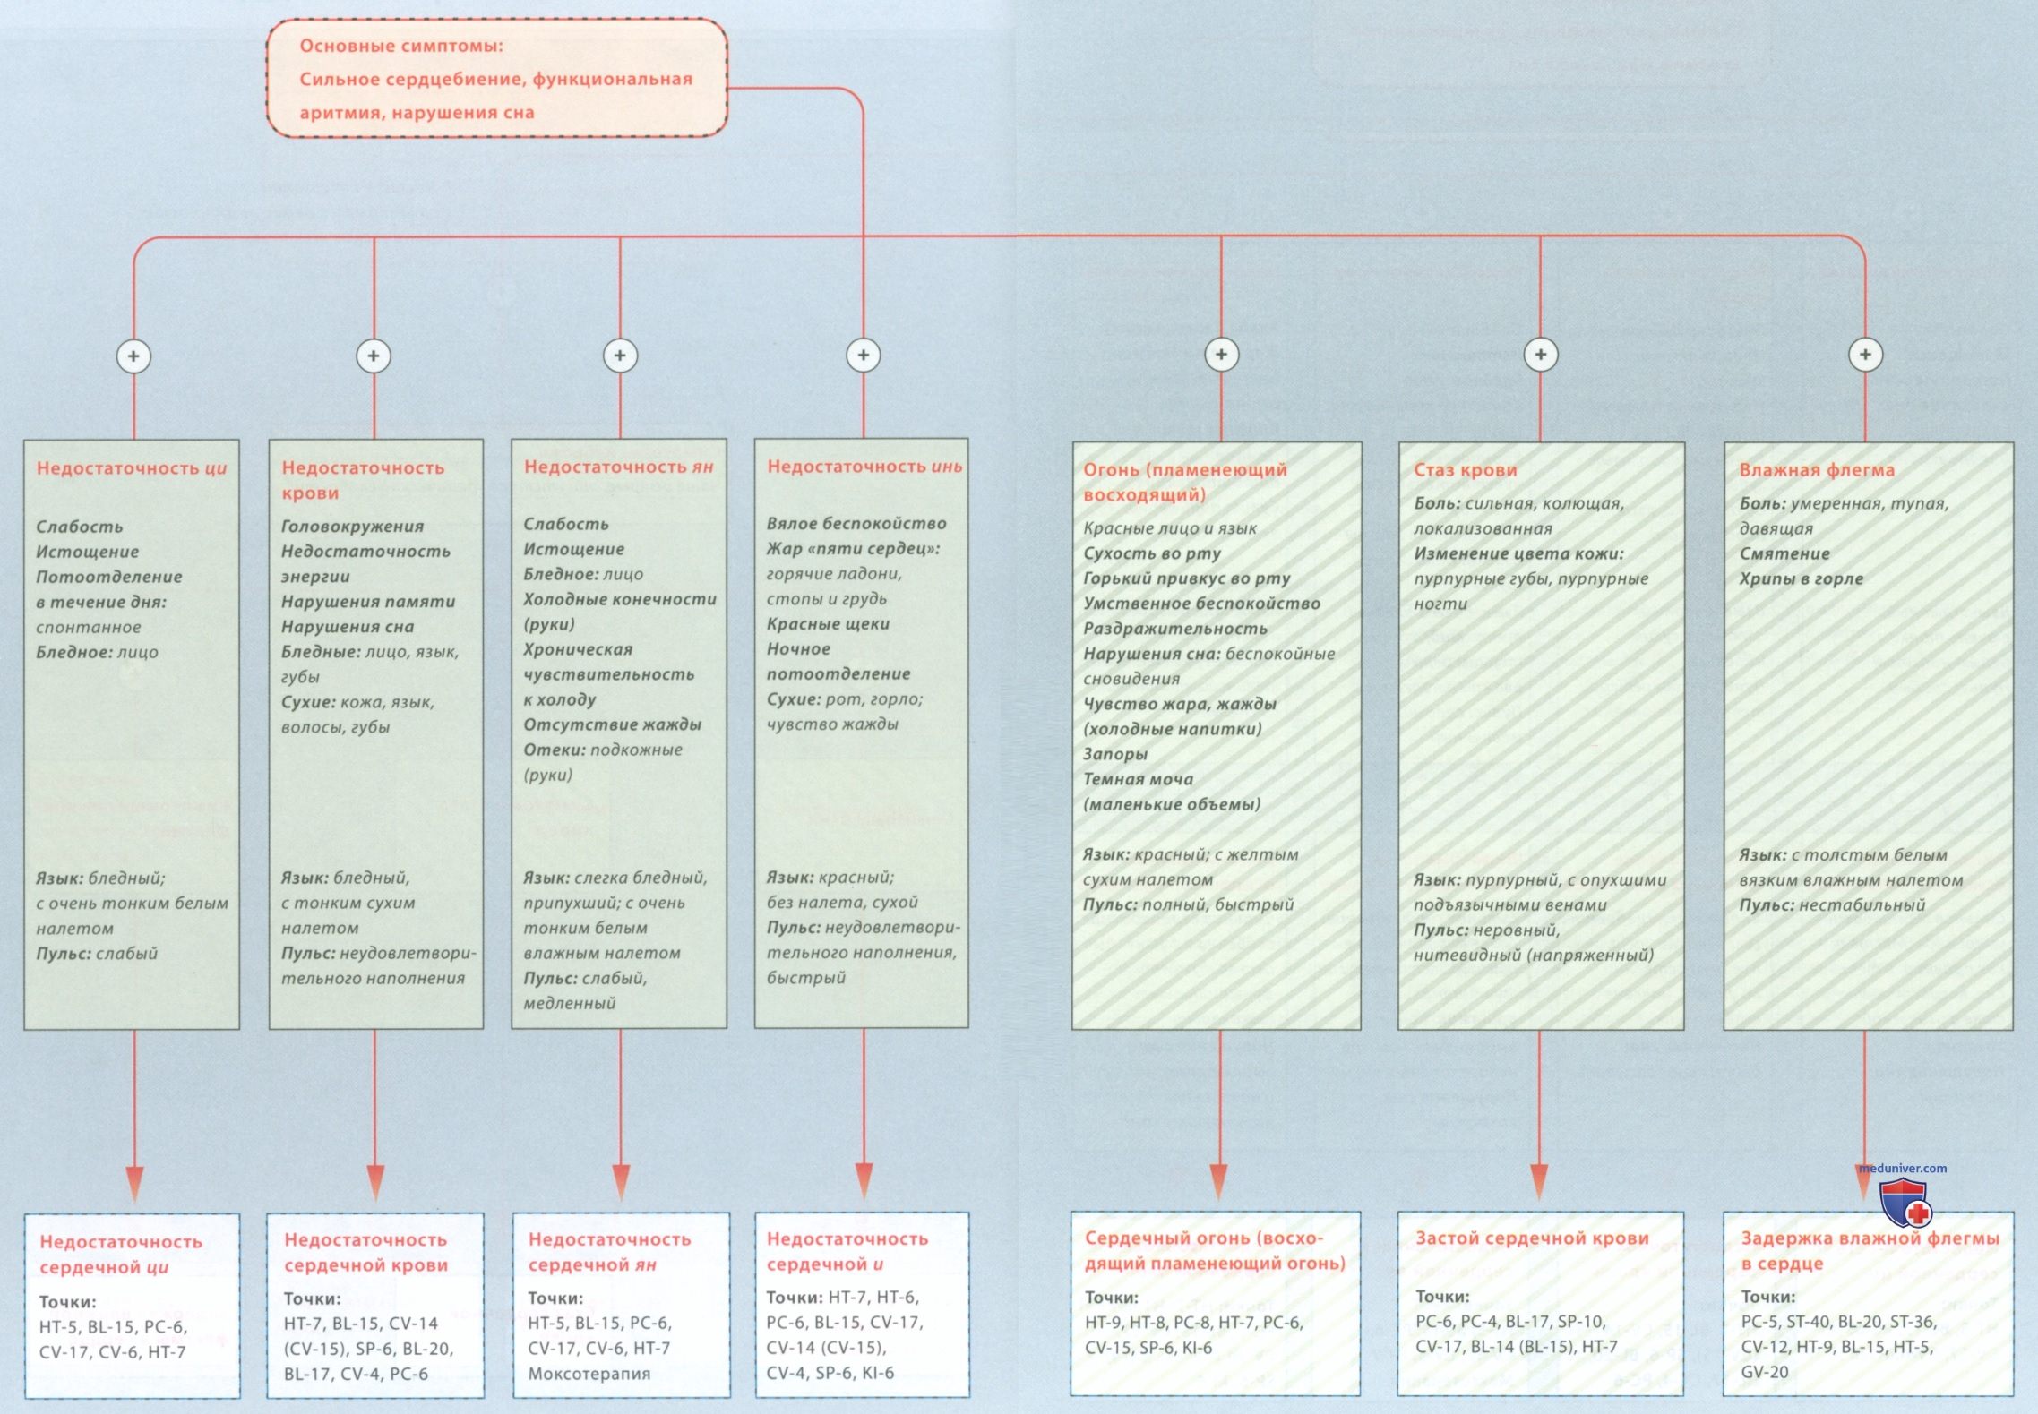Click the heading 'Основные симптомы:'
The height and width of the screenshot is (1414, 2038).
[x=401, y=46]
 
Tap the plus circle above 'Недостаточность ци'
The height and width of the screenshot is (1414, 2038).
[x=133, y=356]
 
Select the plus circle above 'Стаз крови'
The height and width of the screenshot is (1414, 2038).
[x=1540, y=354]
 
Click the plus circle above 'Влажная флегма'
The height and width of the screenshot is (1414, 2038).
[x=1865, y=354]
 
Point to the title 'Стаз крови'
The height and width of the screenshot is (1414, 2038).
[x=1466, y=469]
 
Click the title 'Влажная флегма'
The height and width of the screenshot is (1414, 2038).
[x=1817, y=469]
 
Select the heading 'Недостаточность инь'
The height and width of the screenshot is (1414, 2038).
[x=864, y=466]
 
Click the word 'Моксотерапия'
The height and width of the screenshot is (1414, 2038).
[x=589, y=1373]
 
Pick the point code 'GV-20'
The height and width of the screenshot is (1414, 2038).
[x=1765, y=1371]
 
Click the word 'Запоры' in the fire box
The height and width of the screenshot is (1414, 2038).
[x=1115, y=754]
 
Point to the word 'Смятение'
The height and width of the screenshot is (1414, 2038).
[x=1784, y=553]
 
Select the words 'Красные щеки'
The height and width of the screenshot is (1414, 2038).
[x=828, y=623]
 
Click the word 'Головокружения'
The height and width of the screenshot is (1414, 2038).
[x=353, y=526]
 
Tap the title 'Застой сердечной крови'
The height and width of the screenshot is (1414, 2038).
[x=1532, y=1238]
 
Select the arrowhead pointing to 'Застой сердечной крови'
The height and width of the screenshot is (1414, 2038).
[x=1539, y=1181]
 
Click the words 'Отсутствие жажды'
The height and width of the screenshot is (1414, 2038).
[x=613, y=724]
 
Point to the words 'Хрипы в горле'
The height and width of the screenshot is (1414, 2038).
[x=1802, y=578]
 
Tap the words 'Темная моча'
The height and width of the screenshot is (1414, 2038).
[x=1138, y=779]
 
